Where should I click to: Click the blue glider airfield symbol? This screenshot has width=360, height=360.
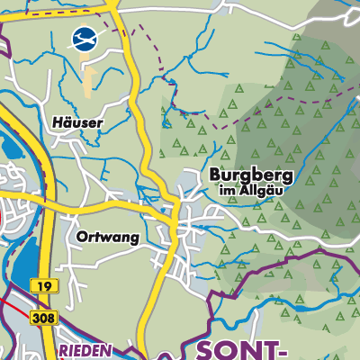click(83, 39)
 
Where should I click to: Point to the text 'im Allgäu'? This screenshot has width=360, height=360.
click(251, 191)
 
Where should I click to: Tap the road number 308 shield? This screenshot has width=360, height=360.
click(40, 318)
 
